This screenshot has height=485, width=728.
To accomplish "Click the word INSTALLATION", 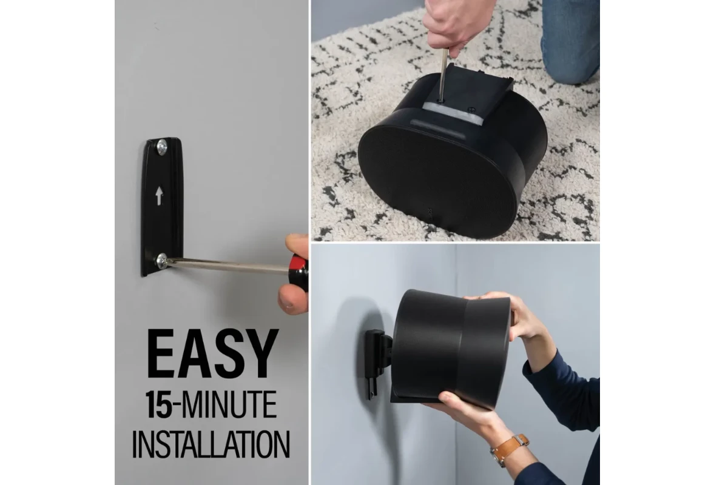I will (211, 444).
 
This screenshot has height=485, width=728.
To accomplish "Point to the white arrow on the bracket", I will (159, 195).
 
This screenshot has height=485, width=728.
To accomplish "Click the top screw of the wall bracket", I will (162, 147).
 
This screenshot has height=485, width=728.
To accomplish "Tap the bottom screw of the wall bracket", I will (161, 261).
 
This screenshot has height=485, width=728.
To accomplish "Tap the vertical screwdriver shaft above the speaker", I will (444, 73).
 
